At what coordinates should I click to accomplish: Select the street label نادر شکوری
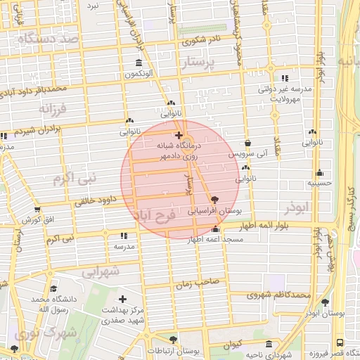202,40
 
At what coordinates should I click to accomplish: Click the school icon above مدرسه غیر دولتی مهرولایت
284,79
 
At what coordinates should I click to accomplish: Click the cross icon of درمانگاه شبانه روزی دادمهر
179,135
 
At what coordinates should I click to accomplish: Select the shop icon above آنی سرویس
247,143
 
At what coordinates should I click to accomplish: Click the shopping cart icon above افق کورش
37,210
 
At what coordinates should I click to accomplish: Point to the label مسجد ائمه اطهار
215,240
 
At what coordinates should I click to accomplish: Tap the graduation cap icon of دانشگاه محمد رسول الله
53,288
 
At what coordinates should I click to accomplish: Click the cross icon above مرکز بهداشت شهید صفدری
123,300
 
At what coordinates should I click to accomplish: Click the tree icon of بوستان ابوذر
326,302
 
